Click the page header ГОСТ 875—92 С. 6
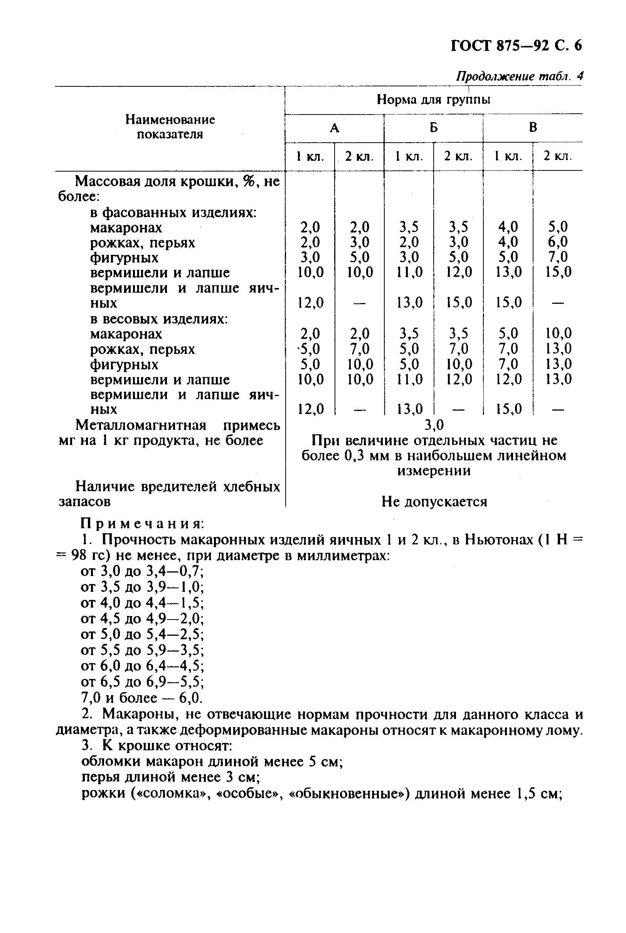(x=516, y=46)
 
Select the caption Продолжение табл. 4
(x=519, y=76)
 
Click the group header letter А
(x=335, y=128)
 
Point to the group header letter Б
(x=434, y=128)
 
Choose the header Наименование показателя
(x=170, y=126)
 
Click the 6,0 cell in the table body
(x=558, y=242)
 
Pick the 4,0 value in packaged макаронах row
(x=508, y=227)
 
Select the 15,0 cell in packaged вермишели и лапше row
(x=558, y=272)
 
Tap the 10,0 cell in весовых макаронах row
(x=558, y=333)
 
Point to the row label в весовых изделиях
(x=159, y=319)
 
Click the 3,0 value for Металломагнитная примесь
(x=434, y=425)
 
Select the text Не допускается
(x=434, y=502)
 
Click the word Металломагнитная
(x=141, y=426)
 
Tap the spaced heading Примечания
(x=143, y=524)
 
